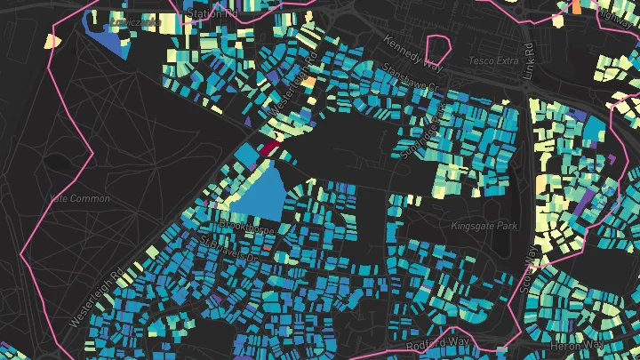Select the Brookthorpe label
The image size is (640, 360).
[253, 228]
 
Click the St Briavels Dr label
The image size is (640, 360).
[228, 249]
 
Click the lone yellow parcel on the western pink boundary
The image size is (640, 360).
[50, 40]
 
